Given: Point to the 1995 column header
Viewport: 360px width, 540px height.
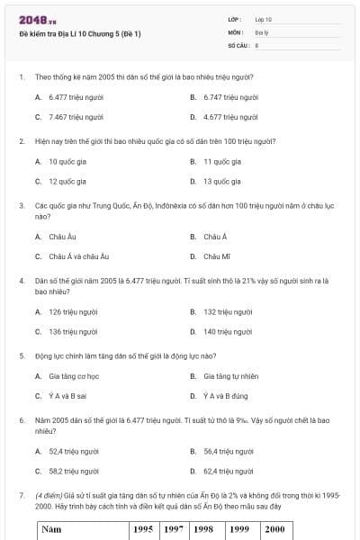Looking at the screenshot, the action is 143,529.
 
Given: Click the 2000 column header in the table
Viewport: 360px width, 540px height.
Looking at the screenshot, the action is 273,529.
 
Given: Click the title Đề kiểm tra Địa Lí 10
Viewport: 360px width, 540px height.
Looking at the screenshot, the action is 80,34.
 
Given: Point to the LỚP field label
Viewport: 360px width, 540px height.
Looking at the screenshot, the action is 235,19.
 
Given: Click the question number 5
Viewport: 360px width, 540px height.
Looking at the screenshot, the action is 22,355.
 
